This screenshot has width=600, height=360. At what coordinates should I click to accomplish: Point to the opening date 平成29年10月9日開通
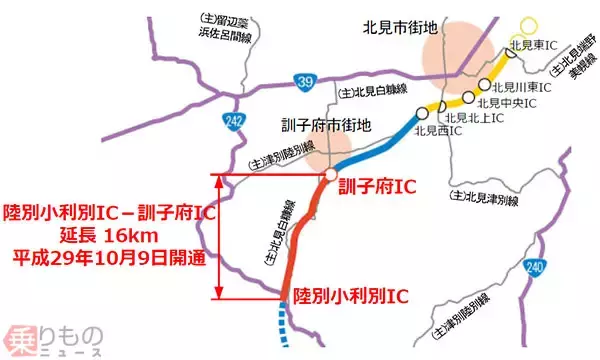click(108, 258)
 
